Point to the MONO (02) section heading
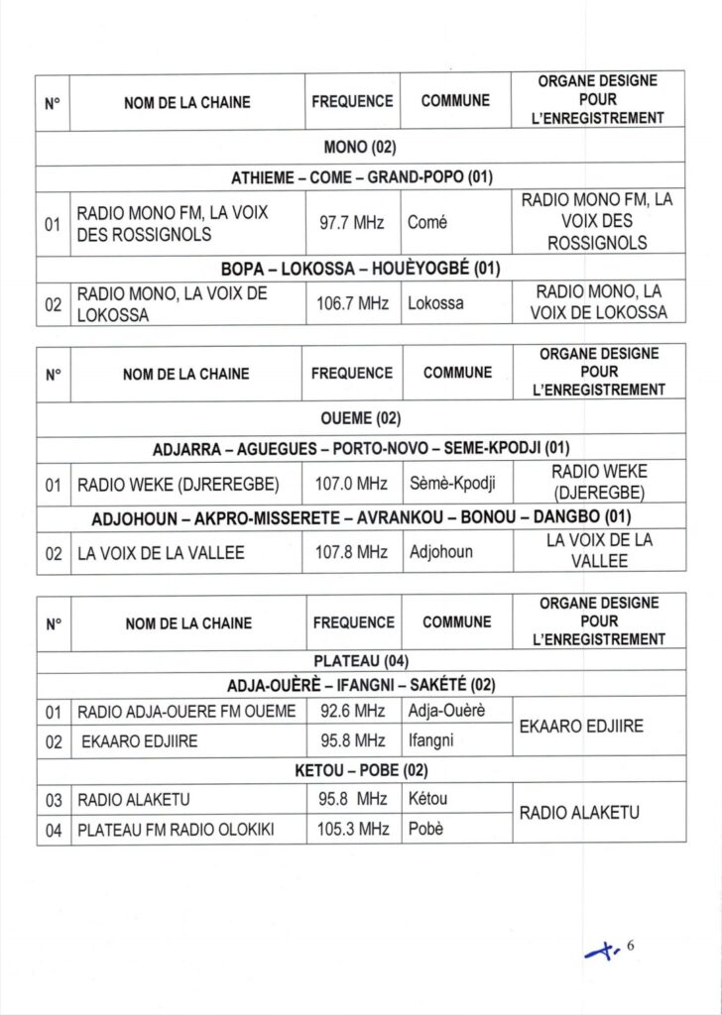pos(360,149)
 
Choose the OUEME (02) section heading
pos(360,420)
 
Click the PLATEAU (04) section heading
pos(360,661)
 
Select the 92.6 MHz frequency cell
pos(352,711)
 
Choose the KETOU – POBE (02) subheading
pos(360,770)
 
